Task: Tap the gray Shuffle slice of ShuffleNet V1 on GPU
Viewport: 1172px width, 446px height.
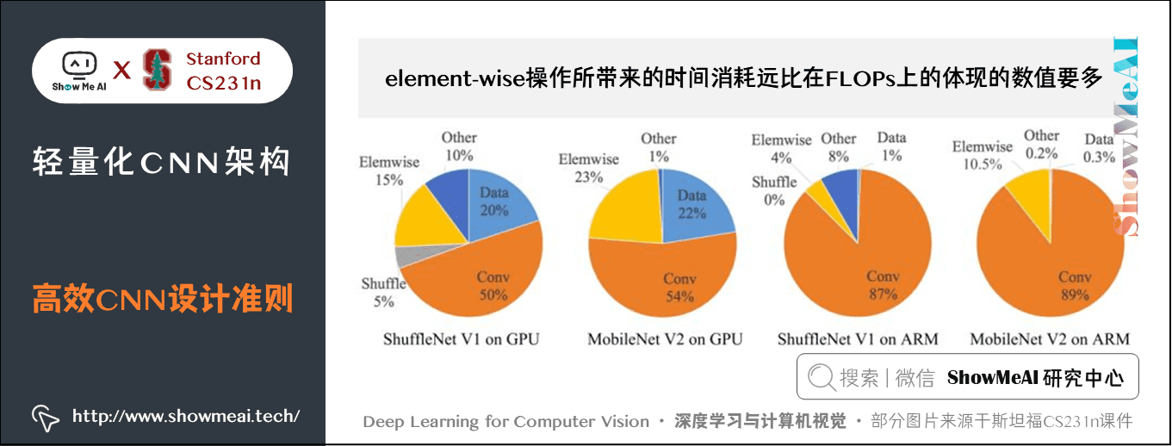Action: click(403, 256)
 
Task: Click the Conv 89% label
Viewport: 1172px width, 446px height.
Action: click(1075, 286)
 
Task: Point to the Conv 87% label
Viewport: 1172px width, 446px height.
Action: click(883, 285)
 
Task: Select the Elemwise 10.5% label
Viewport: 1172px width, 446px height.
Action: click(982, 155)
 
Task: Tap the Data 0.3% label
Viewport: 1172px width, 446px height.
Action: click(1100, 148)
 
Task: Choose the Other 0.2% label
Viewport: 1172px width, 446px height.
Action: click(1041, 144)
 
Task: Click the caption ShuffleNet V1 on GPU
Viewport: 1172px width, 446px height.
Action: click(461, 339)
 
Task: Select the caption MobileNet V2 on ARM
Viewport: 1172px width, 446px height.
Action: click(1050, 339)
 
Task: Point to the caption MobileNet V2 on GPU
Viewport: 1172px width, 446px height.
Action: click(665, 339)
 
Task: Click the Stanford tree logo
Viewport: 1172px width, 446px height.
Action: click(157, 70)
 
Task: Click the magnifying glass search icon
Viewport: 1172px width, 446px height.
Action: click(821, 377)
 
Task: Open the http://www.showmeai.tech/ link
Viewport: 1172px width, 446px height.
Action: click(186, 416)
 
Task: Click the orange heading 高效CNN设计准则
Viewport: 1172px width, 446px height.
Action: click(163, 300)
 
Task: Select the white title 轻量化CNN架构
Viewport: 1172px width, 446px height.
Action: click(162, 161)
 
